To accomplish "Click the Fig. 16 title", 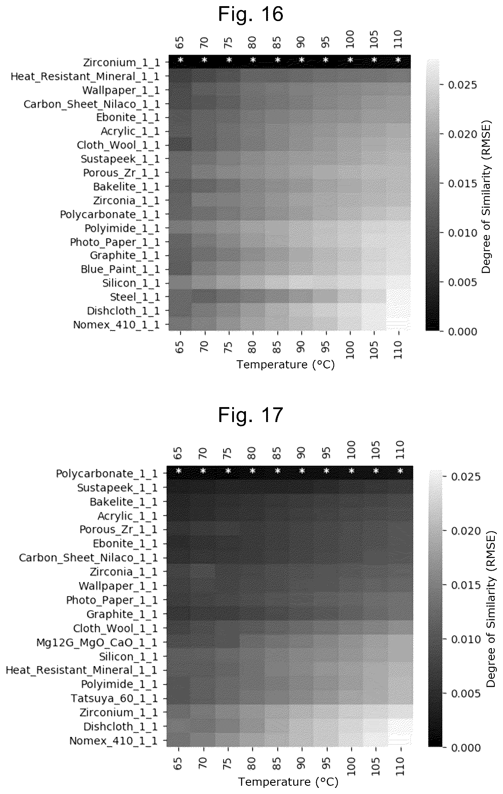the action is pos(251,15).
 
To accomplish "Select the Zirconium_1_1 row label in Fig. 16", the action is pos(122,62).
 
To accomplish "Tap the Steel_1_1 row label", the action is pos(135,297).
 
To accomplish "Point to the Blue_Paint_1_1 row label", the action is pos(120,269).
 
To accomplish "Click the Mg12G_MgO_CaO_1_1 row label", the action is pos(97,643).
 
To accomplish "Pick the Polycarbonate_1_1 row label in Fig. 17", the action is pos(107,474).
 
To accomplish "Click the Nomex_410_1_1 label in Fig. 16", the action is pos(117,325).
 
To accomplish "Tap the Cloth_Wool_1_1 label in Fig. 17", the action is pos(115,628).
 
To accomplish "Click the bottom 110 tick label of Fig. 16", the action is pos(399,350).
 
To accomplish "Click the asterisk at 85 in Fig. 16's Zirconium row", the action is pos(278,60).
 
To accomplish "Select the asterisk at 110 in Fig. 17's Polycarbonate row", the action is pos(401,471).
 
